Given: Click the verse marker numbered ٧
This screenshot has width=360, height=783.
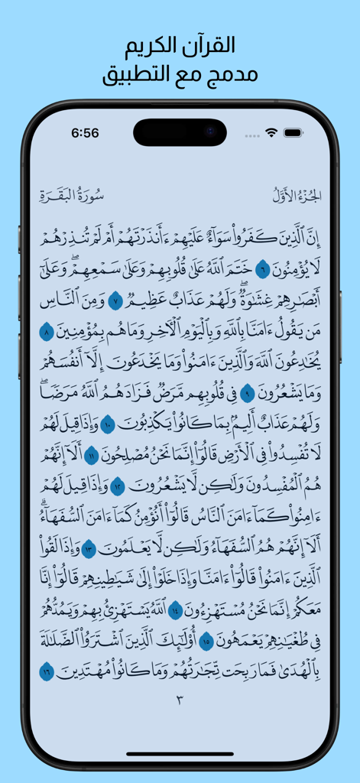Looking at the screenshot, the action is (x=115, y=300).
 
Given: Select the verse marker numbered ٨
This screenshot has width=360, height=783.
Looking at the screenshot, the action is (x=47, y=332).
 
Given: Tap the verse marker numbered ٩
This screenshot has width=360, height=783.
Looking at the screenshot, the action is (x=248, y=394).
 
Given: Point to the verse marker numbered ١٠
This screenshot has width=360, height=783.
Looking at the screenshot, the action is (x=108, y=425).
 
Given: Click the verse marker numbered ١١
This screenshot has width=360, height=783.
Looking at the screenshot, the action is (x=91, y=456).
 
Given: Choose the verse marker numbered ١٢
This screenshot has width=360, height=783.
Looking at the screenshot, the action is (x=118, y=487).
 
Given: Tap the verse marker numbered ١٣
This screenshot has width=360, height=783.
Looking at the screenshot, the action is (x=89, y=549).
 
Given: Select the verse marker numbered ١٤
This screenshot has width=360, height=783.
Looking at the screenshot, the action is (x=174, y=611).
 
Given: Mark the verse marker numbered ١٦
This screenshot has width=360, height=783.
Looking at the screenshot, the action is (x=47, y=673).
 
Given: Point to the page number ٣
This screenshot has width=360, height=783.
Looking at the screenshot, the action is (x=180, y=700).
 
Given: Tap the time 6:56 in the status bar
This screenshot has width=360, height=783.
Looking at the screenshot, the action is (x=85, y=133).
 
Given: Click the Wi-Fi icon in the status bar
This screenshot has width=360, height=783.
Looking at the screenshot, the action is (x=271, y=133).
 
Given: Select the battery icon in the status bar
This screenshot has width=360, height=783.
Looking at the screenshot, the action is (x=294, y=133).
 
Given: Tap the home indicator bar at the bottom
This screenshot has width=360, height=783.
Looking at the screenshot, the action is (x=180, y=754).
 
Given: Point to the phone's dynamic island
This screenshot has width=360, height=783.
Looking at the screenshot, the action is (x=180, y=132).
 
